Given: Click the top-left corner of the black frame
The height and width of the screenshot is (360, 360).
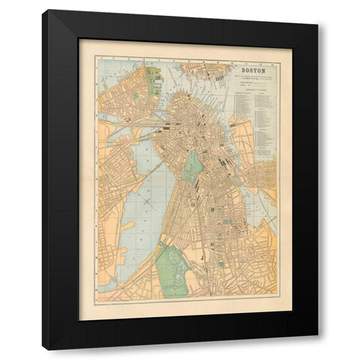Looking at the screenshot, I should tap(43, 11).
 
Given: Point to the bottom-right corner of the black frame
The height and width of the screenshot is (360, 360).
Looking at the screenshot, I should tap(316, 348).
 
